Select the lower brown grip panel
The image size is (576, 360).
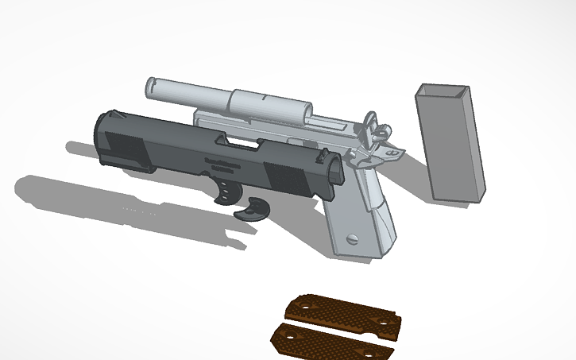coord(333,339)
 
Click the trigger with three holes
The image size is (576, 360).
coord(228,192)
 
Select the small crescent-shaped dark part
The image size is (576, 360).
coord(256,208)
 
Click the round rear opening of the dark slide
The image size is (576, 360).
coord(334,171)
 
